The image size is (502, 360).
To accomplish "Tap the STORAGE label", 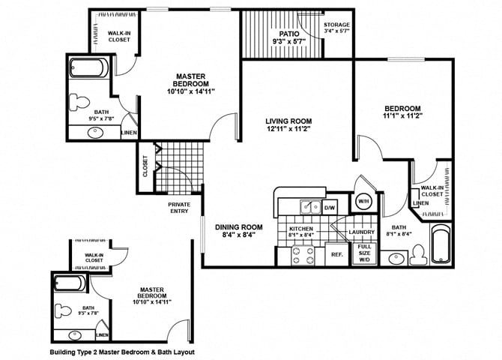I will pos(336,25).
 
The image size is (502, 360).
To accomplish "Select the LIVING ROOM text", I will pos(288,121).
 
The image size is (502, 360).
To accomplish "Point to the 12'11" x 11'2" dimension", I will pos(288,130).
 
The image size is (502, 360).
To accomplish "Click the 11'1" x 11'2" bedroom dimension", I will pos(402,115).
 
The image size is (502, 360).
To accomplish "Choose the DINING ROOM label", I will pos(239,226).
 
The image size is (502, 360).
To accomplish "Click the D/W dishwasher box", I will pos(330,206).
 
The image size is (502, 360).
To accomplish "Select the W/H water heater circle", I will pos(363,202).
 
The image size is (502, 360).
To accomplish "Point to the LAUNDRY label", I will pos(361,232).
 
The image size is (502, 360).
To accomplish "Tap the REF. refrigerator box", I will pos(337,254).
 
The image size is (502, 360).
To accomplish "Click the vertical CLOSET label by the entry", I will pos(145,166).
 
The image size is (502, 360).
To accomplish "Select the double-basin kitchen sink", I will pos(308,206).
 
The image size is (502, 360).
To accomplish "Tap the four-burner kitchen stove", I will pos(288,254).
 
